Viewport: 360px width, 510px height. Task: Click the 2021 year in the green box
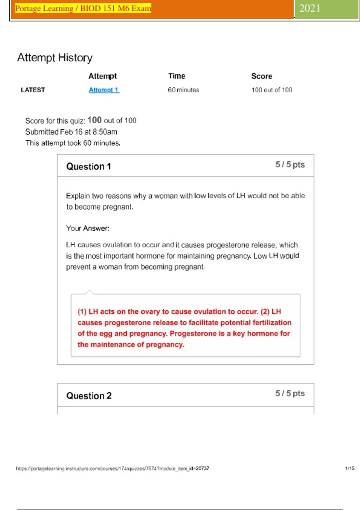(x=310, y=8)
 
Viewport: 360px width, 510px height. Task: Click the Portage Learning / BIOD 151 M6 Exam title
(x=83, y=8)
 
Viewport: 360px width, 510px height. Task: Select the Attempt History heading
(x=55, y=57)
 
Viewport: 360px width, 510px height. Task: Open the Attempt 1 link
(x=104, y=90)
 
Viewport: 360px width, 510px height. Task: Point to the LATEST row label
(x=33, y=90)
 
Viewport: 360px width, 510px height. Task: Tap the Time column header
(x=177, y=76)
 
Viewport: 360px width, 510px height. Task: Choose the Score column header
(x=262, y=76)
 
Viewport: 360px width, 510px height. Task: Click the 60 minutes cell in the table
(x=183, y=90)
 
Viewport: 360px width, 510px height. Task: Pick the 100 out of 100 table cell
(x=272, y=90)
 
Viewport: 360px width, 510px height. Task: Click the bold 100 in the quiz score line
(x=94, y=120)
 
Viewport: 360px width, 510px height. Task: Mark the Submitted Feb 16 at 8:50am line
(x=71, y=132)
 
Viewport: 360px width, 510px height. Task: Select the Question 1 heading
(x=88, y=166)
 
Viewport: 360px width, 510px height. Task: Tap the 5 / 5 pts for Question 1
(x=290, y=165)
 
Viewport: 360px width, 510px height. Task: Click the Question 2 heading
(x=89, y=396)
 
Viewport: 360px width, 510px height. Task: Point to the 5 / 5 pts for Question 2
(x=290, y=393)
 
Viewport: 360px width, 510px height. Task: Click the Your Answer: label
(x=88, y=228)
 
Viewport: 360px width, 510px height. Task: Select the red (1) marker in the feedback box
(x=82, y=312)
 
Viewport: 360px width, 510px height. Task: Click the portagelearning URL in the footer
(x=112, y=469)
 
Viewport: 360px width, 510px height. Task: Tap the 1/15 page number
(x=349, y=468)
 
